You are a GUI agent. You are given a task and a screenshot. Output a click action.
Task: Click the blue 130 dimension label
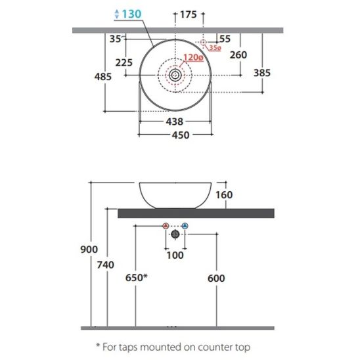click(131, 14)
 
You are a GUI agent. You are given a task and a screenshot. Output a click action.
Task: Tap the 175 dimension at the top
click(189, 14)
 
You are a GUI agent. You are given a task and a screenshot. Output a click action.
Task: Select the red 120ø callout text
click(193, 57)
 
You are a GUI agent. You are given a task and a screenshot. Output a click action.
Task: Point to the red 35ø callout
click(215, 48)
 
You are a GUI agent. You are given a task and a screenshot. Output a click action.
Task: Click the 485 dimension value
click(103, 76)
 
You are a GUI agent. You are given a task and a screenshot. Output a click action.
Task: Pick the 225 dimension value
click(124, 62)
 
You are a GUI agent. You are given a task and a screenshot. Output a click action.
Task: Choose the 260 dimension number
click(238, 55)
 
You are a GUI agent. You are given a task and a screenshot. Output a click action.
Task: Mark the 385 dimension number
click(262, 73)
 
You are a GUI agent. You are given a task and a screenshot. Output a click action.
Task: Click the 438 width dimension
click(175, 122)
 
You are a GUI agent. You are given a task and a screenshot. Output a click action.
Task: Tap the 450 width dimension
click(181, 135)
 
